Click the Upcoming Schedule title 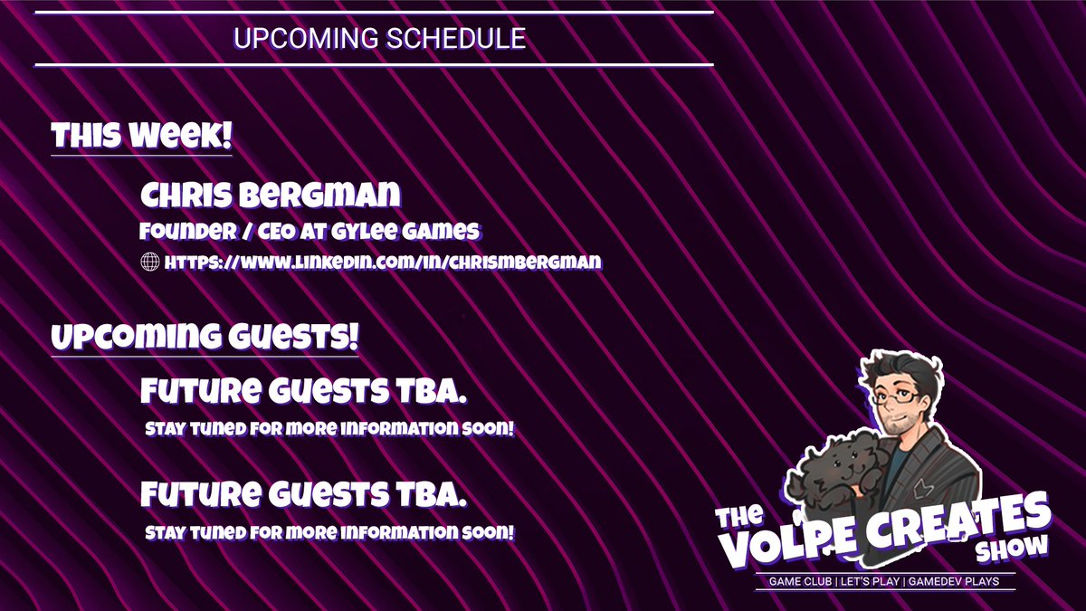(379, 39)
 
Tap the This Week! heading (142, 137)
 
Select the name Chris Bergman (271, 195)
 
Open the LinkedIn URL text (384, 263)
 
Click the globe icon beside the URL (150, 263)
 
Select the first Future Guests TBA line (304, 392)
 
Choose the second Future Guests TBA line (304, 494)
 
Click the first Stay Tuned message (329, 429)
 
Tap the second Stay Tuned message (329, 532)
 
